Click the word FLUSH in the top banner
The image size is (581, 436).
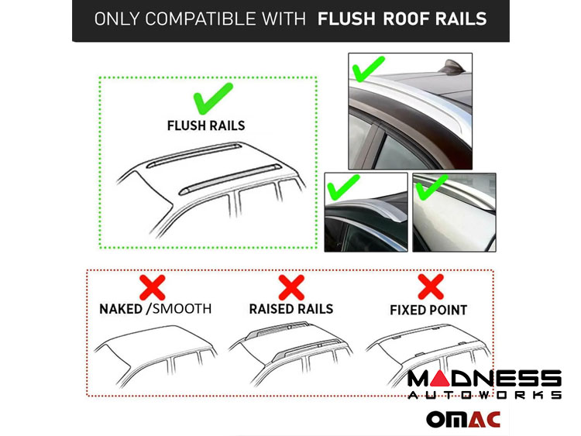click(x=346, y=19)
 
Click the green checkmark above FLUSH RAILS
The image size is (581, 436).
click(x=213, y=98)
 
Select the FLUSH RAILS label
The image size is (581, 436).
click(x=206, y=125)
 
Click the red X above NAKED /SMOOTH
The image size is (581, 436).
click(x=153, y=287)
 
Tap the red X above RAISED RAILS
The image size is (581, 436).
click(x=291, y=287)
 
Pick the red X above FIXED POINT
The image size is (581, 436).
click(x=431, y=287)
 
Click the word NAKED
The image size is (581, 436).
click(x=121, y=309)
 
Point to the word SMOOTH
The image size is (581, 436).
click(x=182, y=309)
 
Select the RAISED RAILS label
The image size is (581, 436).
click(x=291, y=309)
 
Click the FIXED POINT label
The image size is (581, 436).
click(x=428, y=310)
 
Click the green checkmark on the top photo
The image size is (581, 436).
click(x=368, y=69)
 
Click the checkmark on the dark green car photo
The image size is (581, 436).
click(x=343, y=187)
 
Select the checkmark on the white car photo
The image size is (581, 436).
click(x=431, y=187)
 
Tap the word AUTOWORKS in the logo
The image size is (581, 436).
click(x=485, y=394)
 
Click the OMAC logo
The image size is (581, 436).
click(x=463, y=419)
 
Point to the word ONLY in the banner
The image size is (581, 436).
click(x=117, y=19)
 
